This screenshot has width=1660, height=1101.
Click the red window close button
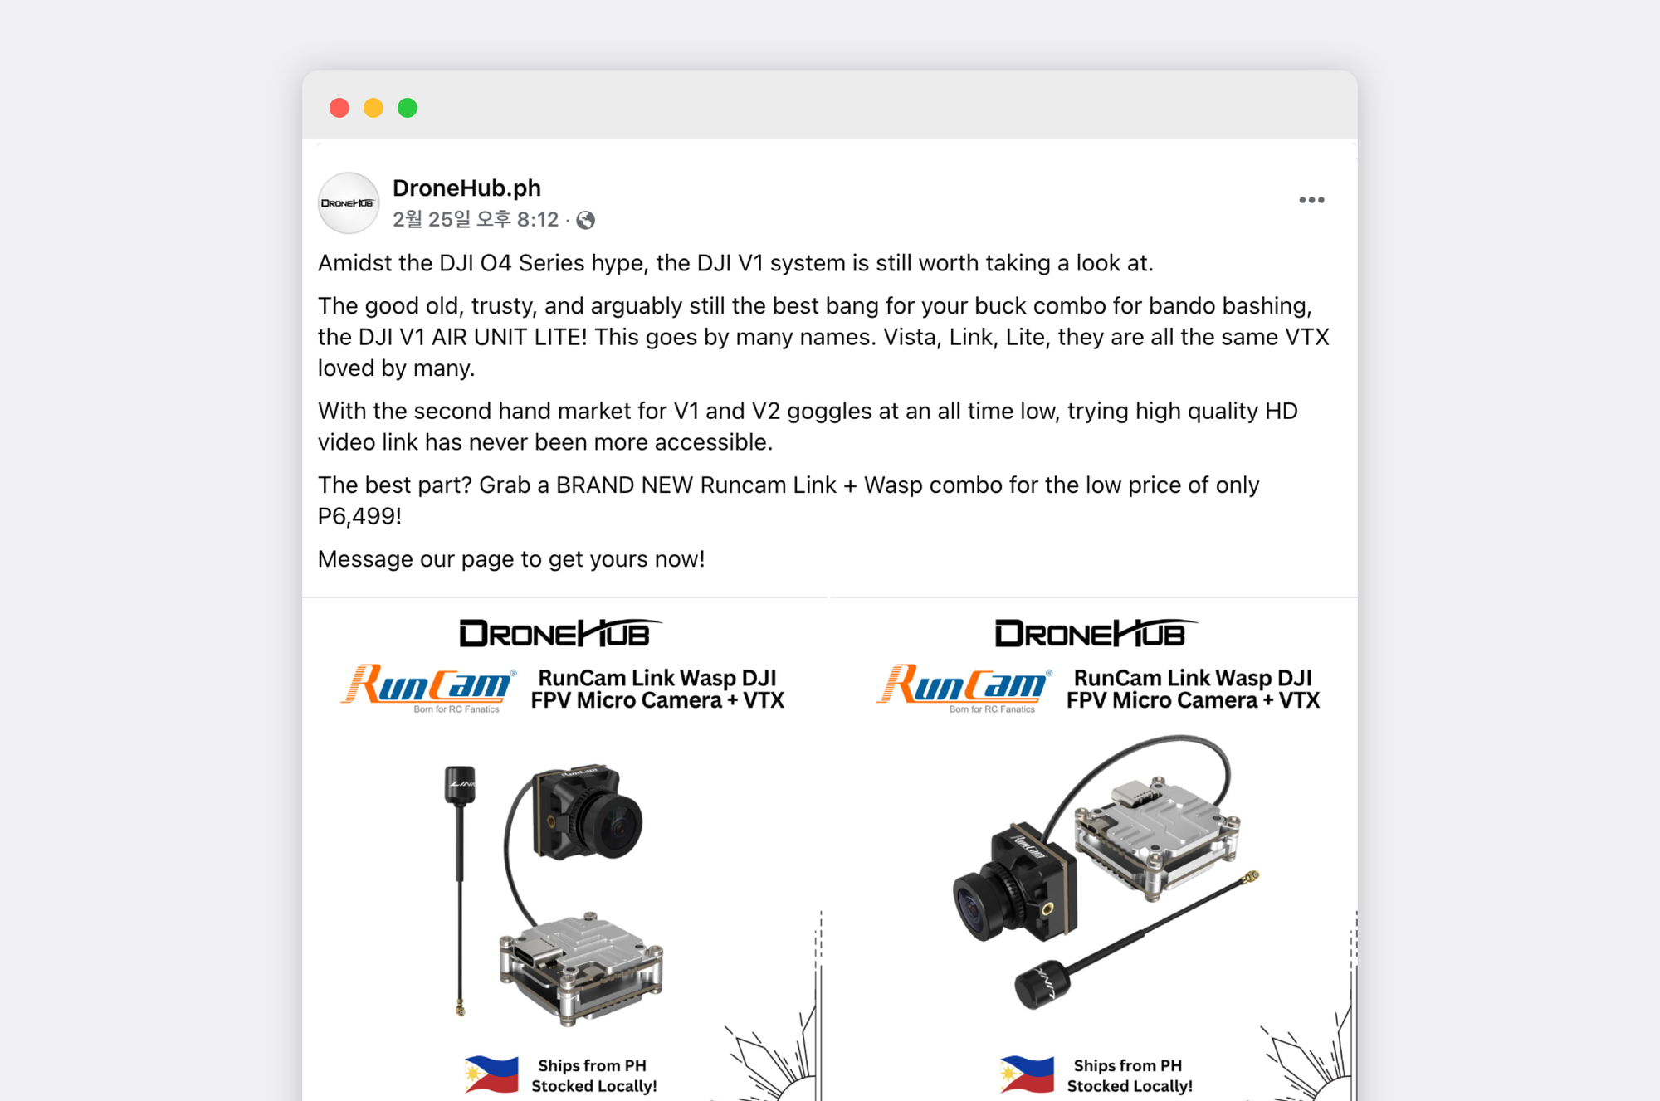(x=339, y=108)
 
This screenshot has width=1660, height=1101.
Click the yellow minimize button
(x=373, y=108)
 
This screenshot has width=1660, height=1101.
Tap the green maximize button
(x=408, y=108)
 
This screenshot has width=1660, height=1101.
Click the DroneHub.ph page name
(x=466, y=188)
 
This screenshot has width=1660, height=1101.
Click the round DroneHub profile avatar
(x=349, y=203)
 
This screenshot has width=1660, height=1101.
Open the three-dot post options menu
(x=1311, y=200)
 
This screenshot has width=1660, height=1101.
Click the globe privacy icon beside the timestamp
(x=586, y=220)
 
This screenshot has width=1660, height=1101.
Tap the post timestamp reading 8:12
(x=476, y=220)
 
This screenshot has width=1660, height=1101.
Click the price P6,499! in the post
(x=359, y=516)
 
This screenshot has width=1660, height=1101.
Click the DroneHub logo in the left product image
(x=558, y=634)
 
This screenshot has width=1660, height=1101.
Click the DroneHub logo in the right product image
(x=1094, y=634)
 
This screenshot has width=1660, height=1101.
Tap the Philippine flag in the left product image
(x=491, y=1074)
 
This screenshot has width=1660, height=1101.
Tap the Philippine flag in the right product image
(x=1028, y=1074)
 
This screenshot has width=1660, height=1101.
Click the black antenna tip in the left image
(x=460, y=784)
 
